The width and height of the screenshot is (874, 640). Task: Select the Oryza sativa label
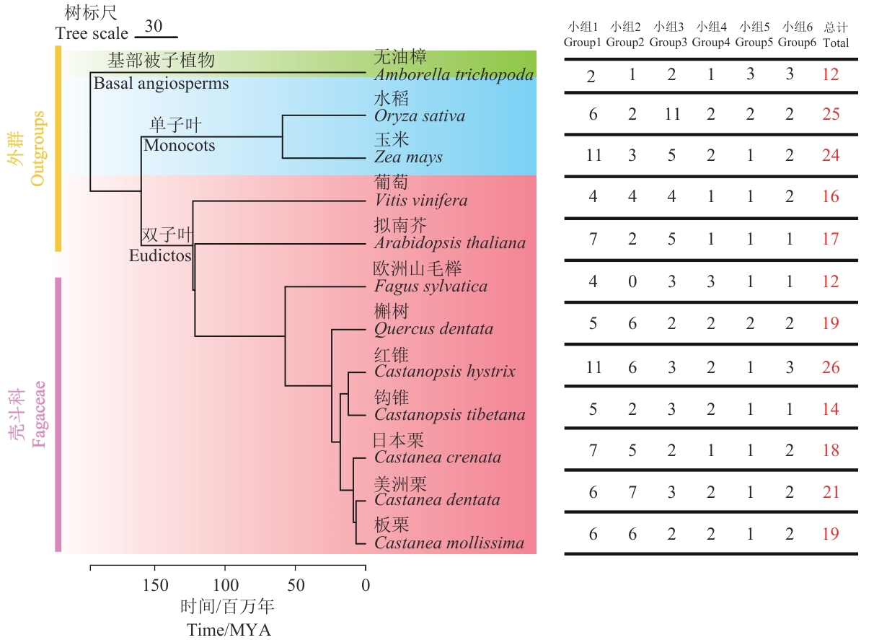(x=420, y=116)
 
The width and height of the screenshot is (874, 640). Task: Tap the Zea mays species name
(x=408, y=157)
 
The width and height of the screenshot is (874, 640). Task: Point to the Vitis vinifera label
(x=421, y=201)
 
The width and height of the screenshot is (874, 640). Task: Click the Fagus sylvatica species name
(x=431, y=286)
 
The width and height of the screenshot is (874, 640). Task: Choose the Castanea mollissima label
(x=449, y=543)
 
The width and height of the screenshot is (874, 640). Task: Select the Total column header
(x=836, y=43)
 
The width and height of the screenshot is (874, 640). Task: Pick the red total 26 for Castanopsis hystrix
(x=831, y=367)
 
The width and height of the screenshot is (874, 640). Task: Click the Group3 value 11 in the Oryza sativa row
(x=671, y=114)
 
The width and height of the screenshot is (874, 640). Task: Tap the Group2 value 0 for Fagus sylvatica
(x=632, y=281)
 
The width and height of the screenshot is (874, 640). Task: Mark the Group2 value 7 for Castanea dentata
(x=632, y=492)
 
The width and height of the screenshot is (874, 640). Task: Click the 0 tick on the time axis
(x=366, y=584)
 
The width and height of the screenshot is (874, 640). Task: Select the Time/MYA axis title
(x=229, y=629)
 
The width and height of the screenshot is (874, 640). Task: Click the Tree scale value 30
(x=153, y=26)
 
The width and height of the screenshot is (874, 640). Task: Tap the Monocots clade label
(x=179, y=145)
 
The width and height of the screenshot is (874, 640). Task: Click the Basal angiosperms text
(x=161, y=83)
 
